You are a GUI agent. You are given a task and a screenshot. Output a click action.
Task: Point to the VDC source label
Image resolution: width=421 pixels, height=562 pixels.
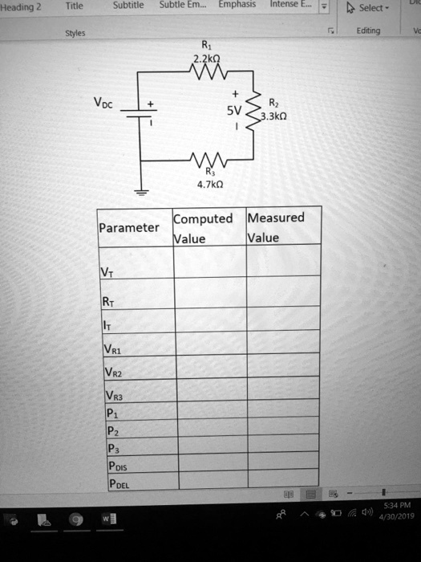(106, 104)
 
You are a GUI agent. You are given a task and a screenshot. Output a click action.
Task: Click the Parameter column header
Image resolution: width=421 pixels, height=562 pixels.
(129, 228)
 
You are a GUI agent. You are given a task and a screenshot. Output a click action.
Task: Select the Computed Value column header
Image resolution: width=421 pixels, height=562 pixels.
(202, 229)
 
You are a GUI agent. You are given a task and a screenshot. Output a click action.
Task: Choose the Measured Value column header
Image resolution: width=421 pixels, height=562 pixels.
(276, 228)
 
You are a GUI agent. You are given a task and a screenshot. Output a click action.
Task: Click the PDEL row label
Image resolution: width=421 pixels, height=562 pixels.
(116, 483)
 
